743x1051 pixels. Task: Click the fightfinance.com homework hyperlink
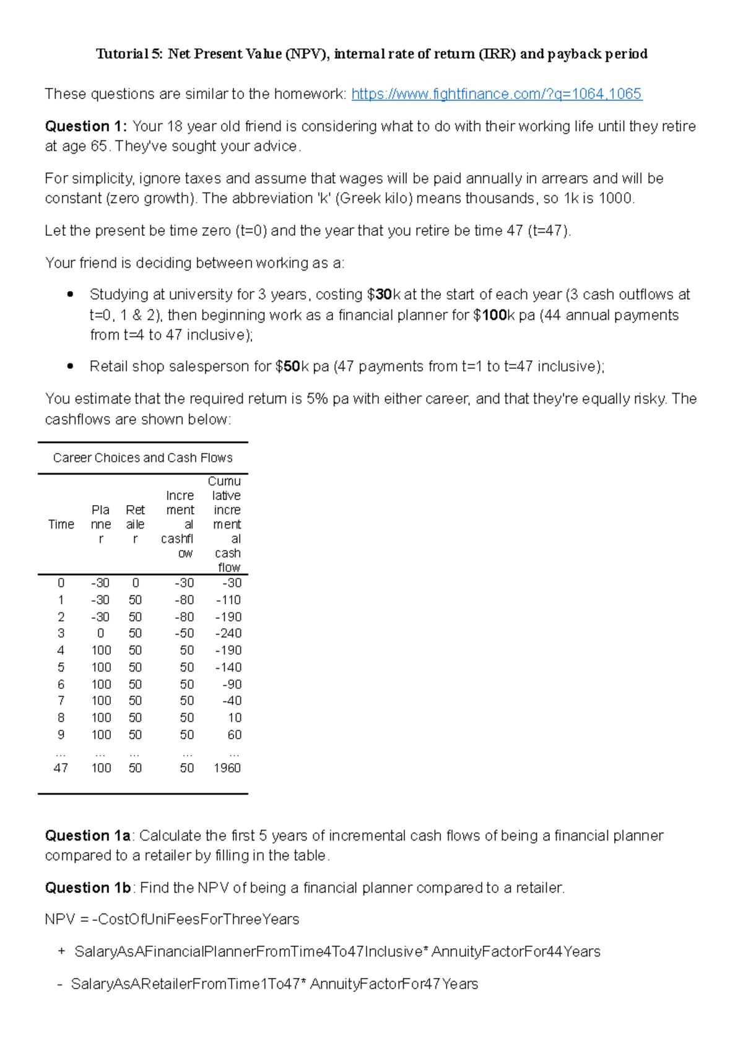(497, 94)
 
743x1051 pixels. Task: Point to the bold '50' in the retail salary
(292, 366)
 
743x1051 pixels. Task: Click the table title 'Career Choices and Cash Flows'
(142, 458)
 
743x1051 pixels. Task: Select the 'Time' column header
(61, 524)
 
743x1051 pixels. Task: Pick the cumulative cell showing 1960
(227, 768)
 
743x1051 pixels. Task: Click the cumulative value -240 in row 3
(228, 633)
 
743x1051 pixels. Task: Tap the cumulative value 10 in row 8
(235, 718)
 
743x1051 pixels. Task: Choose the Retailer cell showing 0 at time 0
(136, 583)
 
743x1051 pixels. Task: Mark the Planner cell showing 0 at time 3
(100, 633)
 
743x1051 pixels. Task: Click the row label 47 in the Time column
(61, 768)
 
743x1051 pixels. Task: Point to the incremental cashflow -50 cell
(184, 633)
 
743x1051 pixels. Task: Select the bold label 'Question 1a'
(87, 836)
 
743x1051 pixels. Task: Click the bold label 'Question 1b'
(87, 888)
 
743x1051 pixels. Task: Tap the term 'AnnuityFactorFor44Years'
(516, 952)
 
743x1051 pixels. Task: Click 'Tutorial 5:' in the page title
(129, 54)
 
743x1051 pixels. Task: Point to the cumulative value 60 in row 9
(235, 735)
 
